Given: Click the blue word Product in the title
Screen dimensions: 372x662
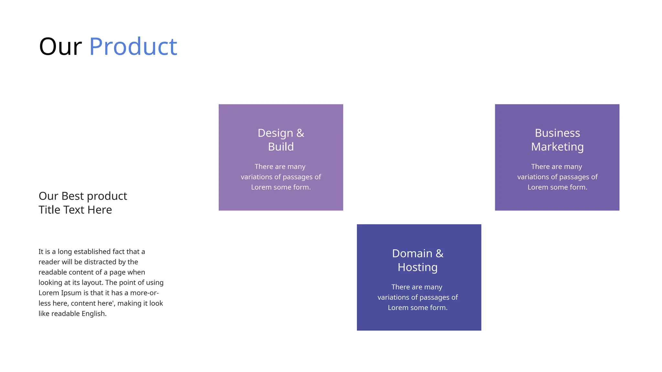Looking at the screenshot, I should coord(133,46).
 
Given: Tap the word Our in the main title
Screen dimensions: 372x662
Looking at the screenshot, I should coord(60,46).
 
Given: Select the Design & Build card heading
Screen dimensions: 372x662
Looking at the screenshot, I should coord(281,140).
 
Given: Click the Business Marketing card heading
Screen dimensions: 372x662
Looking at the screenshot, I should coord(557,140).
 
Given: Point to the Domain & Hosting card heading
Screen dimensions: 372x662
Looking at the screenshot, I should coord(418,260).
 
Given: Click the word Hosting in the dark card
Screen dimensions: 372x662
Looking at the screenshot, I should coord(418,267).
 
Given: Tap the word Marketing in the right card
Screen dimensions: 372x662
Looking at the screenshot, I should coord(557,147).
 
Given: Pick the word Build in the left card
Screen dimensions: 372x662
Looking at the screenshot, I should coord(281,147).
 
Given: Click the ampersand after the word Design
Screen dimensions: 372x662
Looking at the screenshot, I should coord(300,133).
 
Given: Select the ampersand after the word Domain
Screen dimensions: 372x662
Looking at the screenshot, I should coord(440,253).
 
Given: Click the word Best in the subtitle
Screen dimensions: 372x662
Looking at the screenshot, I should coord(73,196).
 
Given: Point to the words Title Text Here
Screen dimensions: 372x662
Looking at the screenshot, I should coord(75,210).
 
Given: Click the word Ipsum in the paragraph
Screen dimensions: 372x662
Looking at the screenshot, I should coord(71,293).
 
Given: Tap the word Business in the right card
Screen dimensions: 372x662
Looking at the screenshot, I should coord(557,133).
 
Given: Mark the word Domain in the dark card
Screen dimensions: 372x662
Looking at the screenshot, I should coord(412,253).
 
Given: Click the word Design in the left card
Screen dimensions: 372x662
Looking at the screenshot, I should coord(275,133).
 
